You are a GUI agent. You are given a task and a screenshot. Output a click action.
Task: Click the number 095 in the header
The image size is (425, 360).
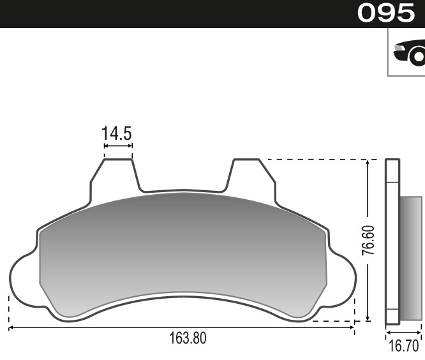click(386, 13)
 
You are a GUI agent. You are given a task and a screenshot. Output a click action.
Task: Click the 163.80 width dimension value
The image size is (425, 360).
click(187, 338)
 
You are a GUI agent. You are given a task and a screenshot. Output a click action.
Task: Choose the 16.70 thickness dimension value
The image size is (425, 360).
click(403, 347)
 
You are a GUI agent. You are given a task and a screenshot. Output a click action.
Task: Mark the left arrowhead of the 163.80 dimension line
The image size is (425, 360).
click(11, 328)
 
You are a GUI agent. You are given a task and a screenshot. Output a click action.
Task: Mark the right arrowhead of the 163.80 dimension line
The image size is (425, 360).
click(352, 328)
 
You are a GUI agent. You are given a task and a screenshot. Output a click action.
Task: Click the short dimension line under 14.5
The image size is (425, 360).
click(118, 146)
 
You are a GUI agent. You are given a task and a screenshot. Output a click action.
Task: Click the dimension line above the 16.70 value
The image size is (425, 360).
click(403, 333)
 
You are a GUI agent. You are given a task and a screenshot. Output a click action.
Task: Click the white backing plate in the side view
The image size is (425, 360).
click(392, 243)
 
